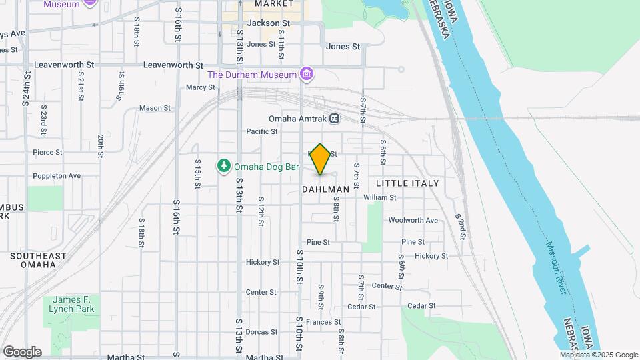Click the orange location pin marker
click(321, 159)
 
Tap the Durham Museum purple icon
click(306, 73)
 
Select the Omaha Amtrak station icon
click(335, 119)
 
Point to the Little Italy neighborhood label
click(407, 183)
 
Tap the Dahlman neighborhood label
click(326, 189)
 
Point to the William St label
click(380, 197)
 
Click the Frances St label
click(323, 322)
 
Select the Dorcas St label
click(261, 332)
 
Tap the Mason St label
click(155, 108)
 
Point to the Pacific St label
click(262, 131)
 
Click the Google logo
click(22, 352)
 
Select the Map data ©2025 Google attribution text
click(599, 355)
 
